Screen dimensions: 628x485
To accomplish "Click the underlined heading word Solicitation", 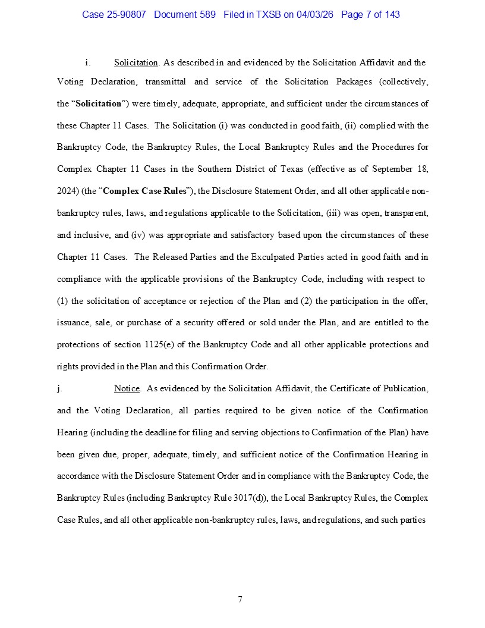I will [x=136, y=62].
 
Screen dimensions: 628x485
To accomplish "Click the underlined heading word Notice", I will [x=127, y=388].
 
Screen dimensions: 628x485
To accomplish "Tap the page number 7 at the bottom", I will [x=240, y=599].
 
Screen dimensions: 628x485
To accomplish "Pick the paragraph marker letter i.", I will [x=87, y=62].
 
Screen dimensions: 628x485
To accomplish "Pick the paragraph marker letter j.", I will [x=59, y=388].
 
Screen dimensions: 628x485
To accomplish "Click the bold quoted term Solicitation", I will [x=99, y=103].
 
